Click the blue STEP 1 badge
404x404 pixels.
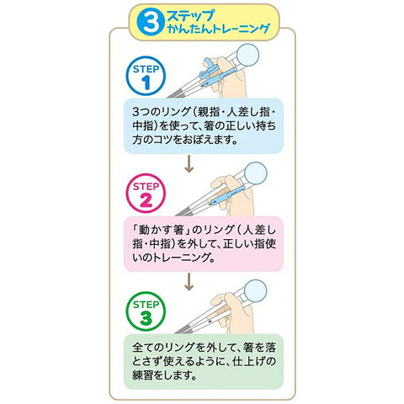click(x=146, y=76)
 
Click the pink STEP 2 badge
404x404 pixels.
click(x=146, y=194)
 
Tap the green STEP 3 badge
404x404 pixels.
click(x=146, y=311)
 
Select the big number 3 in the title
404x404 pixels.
click(x=151, y=23)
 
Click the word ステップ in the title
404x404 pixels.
click(x=191, y=15)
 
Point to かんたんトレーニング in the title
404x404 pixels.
click(x=218, y=29)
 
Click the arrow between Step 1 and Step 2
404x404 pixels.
click(x=189, y=164)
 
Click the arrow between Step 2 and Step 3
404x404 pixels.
click(x=189, y=282)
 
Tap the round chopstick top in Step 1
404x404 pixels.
click(x=247, y=55)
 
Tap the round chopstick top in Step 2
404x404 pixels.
click(x=255, y=173)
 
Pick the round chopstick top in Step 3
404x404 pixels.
click(x=255, y=291)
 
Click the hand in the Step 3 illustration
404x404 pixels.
click(x=232, y=312)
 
